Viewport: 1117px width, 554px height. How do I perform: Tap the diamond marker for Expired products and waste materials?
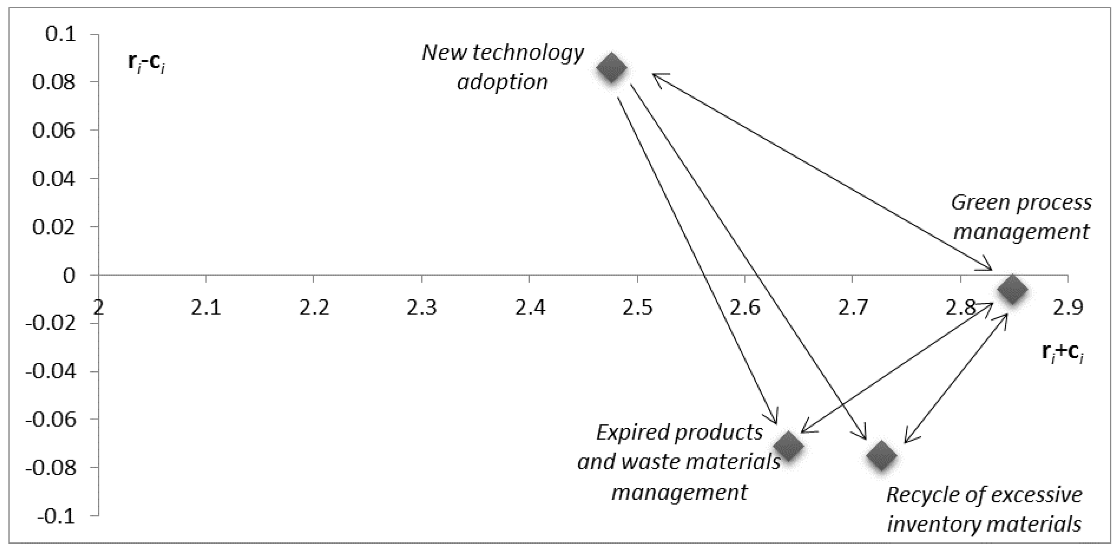tap(788, 445)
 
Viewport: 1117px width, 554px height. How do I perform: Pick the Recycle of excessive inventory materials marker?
tap(881, 455)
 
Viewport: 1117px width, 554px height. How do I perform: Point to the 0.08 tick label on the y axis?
tap(54, 82)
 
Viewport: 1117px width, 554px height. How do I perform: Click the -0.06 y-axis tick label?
tap(50, 419)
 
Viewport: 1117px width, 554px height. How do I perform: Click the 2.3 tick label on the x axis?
tap(422, 308)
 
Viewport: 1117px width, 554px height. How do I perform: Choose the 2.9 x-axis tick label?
tap(1067, 308)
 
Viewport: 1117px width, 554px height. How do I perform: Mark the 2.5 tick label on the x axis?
tap(636, 308)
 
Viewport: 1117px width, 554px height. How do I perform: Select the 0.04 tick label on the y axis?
tap(54, 178)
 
